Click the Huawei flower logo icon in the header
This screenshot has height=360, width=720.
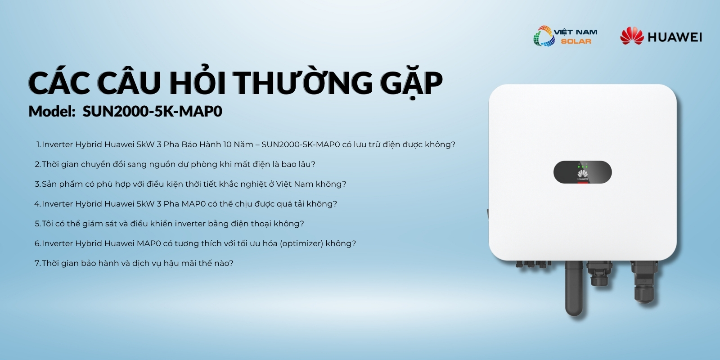pyautogui.click(x=632, y=36)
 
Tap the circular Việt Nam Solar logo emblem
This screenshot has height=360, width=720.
pyautogui.click(x=544, y=36)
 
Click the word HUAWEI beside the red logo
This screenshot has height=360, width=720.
pyautogui.click(x=675, y=37)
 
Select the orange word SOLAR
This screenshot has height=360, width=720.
pyautogui.click(x=576, y=41)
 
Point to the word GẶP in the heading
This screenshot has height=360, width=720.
pyautogui.click(x=411, y=84)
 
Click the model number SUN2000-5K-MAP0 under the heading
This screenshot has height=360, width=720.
pyautogui.click(x=153, y=111)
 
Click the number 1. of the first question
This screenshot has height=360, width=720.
pyautogui.click(x=39, y=144)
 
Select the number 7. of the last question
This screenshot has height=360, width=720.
pyautogui.click(x=38, y=263)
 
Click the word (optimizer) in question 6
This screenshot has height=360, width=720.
pyautogui.click(x=301, y=243)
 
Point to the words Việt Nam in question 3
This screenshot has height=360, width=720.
pyautogui.click(x=294, y=184)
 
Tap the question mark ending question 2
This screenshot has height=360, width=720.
pyautogui.click(x=313, y=164)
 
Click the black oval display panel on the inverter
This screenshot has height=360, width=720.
pyautogui.click(x=582, y=172)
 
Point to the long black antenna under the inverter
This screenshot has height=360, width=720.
pyautogui.click(x=574, y=288)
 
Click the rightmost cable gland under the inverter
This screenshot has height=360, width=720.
pyautogui.click(x=644, y=282)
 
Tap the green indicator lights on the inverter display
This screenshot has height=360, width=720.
pyautogui.click(x=582, y=166)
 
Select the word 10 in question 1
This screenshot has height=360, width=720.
pyautogui.click(x=227, y=144)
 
